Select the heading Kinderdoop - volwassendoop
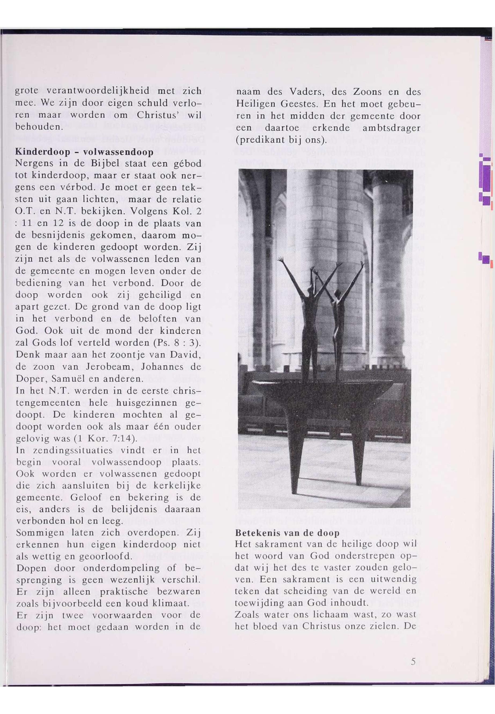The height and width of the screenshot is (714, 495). click(84, 152)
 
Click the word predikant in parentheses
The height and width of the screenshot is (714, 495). click(260, 140)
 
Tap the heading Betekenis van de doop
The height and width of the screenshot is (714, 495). click(287, 533)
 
